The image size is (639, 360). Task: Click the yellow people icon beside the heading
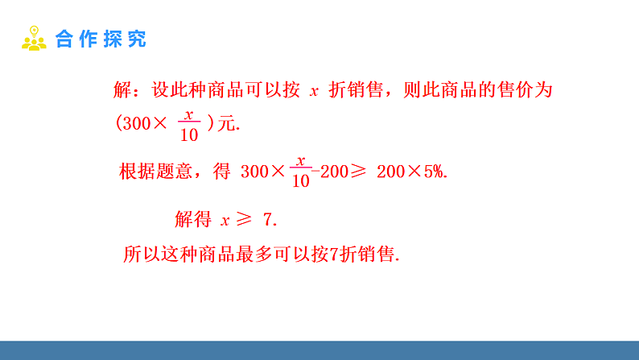click(x=34, y=39)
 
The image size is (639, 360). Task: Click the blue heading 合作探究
click(x=101, y=39)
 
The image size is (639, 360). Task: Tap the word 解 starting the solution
click(x=123, y=90)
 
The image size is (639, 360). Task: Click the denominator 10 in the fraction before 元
click(x=189, y=135)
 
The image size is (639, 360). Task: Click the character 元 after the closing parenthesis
click(x=227, y=125)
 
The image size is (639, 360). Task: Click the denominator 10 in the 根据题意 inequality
click(x=300, y=180)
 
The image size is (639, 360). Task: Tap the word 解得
click(x=192, y=218)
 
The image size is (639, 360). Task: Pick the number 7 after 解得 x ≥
click(x=268, y=218)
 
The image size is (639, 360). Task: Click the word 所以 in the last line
click(x=142, y=254)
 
